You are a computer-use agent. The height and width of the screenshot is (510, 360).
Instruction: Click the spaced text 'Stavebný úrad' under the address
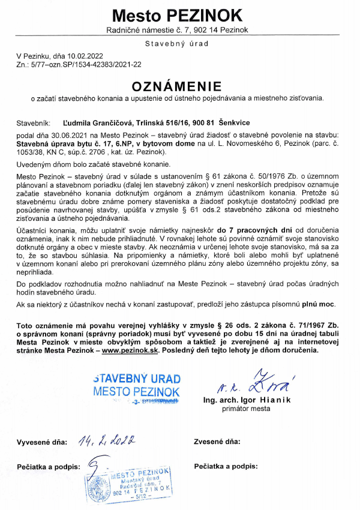[177, 44]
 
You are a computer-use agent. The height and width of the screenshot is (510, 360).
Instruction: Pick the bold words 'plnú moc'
[320, 305]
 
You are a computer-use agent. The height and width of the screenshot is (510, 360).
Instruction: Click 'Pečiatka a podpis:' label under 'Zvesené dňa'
[226, 465]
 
